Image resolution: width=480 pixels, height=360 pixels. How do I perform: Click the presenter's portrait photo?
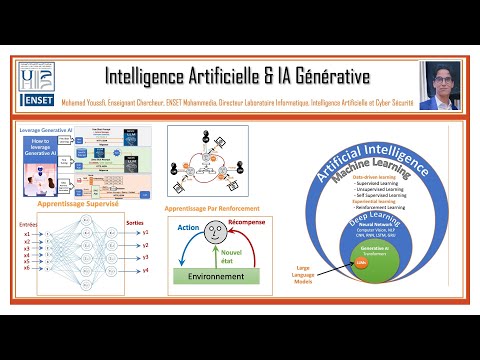click(x=438, y=86)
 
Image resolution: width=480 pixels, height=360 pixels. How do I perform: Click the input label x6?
click(x=27, y=268)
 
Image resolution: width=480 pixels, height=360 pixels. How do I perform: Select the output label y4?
click(x=145, y=271)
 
